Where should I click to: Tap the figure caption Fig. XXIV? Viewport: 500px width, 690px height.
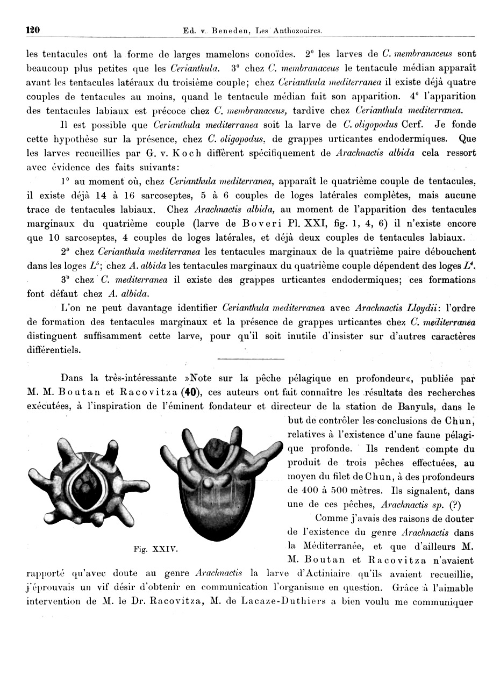click(x=156, y=549)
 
